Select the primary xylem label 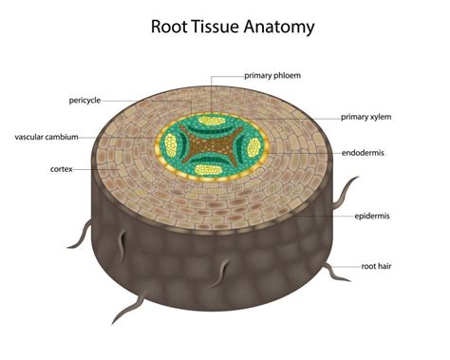point(366,118)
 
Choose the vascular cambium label point(47,137)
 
